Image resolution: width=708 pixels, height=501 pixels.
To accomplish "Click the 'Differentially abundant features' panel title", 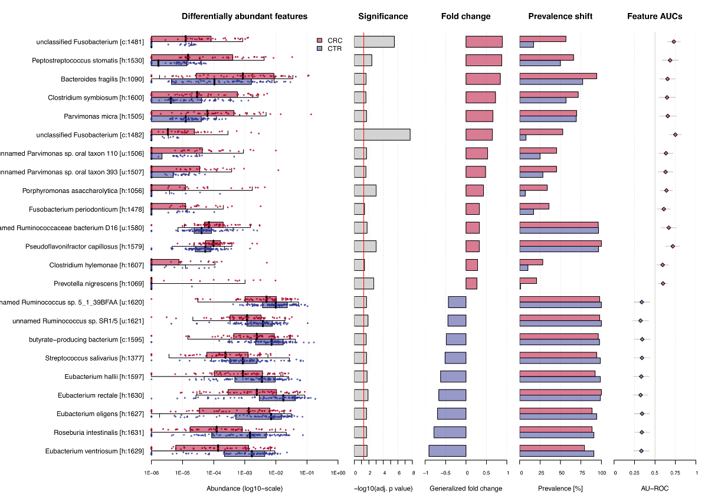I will [x=244, y=17].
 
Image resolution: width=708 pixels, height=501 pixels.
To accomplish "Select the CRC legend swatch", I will [x=320, y=40].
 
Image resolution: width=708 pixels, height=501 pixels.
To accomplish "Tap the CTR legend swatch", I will [x=320, y=48].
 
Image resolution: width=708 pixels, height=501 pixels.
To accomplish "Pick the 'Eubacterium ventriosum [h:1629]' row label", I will [x=94, y=451].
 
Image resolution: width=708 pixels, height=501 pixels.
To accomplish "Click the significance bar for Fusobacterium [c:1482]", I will [x=382, y=135].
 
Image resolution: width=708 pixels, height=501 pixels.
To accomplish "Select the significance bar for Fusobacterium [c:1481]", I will [x=374, y=41].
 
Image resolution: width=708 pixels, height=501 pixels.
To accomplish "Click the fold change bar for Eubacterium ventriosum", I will [x=447, y=451].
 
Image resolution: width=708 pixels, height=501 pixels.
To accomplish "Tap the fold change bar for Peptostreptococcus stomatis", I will [x=484, y=60].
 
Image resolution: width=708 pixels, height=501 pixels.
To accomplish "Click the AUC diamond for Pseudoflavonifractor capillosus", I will [x=673, y=246].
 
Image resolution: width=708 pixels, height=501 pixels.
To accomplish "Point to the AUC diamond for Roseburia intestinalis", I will [x=641, y=433].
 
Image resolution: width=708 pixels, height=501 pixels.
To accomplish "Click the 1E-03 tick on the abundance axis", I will [x=244, y=473].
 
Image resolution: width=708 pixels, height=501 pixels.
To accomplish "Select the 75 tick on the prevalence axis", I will [x=581, y=473].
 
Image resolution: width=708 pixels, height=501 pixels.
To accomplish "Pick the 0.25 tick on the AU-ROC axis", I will [x=635, y=473].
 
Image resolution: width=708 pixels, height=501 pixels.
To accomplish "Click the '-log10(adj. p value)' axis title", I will [x=383, y=489].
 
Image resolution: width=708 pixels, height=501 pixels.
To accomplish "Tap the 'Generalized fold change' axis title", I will [x=466, y=489].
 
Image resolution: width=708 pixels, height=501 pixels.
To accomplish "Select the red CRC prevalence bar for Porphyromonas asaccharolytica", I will [x=533, y=188].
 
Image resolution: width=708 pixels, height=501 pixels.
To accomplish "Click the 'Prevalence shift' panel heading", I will [x=560, y=17].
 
